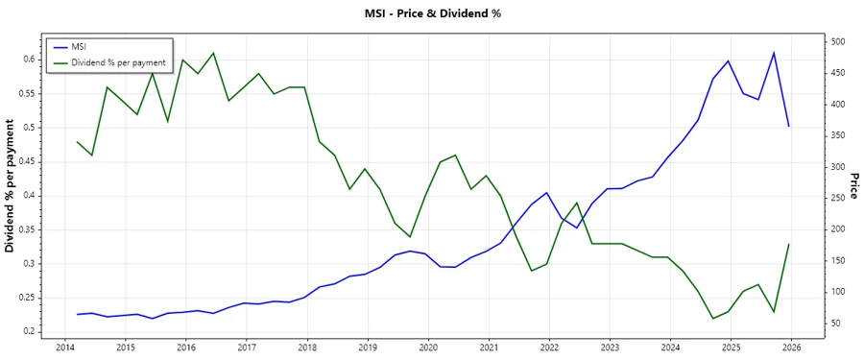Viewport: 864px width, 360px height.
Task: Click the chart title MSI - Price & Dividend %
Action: coord(431,13)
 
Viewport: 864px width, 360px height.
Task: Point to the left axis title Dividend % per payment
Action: coord(11,186)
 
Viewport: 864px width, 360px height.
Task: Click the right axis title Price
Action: coord(852,186)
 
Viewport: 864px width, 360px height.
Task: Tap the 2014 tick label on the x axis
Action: coord(65,347)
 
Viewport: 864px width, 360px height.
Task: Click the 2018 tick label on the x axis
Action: coord(307,347)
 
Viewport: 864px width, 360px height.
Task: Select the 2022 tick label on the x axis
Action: coord(549,347)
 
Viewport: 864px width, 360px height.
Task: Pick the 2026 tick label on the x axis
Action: coord(791,347)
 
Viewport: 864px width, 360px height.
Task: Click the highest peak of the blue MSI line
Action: coord(774,53)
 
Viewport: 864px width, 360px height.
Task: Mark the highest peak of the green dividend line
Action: coord(213,53)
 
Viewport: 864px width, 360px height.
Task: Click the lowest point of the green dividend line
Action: coord(713,319)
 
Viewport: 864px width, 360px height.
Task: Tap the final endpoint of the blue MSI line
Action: coord(789,127)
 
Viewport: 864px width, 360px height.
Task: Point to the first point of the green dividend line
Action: coord(77,142)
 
